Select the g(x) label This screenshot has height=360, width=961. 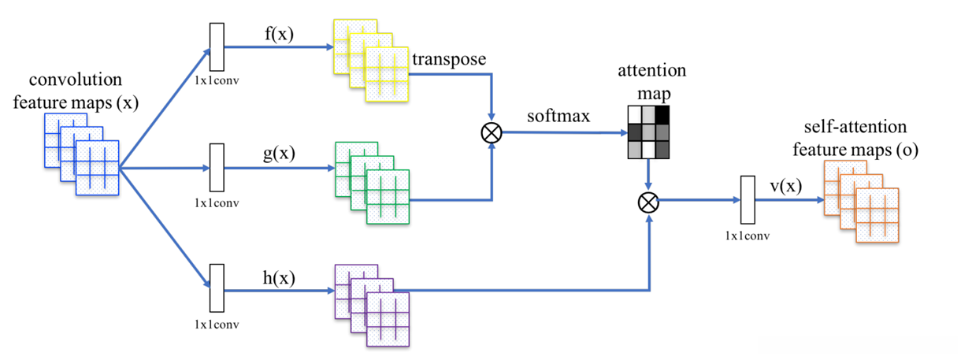[279, 153]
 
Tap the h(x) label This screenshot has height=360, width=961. [279, 278]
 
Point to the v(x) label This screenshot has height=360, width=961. [786, 186]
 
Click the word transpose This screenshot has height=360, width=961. [449, 59]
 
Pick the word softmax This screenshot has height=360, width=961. [558, 116]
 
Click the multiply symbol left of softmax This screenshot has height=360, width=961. [492, 133]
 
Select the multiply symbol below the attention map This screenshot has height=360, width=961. [648, 202]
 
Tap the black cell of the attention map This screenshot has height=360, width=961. [662, 114]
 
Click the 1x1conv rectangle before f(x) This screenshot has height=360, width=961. [217, 46]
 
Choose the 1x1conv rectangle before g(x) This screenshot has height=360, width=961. [217, 167]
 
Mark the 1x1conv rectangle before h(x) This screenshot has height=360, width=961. [217, 288]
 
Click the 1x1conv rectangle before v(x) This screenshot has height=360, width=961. [748, 199]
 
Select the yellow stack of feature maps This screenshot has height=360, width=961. [371, 61]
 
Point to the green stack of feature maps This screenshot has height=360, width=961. [372, 183]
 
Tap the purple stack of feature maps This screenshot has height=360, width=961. [372, 306]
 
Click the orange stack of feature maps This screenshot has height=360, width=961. [862, 202]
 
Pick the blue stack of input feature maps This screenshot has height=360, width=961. [81, 154]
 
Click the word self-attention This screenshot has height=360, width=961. [855, 127]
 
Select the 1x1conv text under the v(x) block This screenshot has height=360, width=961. [748, 236]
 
